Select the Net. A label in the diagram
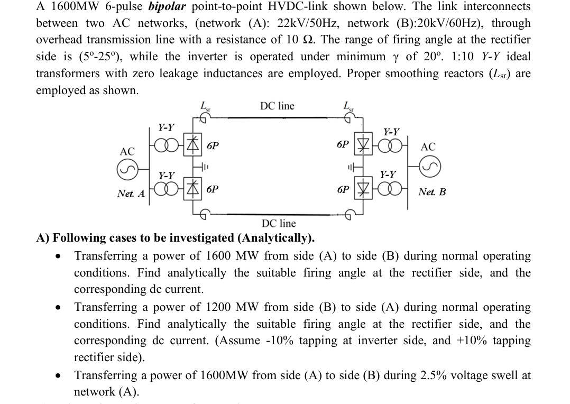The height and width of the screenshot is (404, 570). click(131, 194)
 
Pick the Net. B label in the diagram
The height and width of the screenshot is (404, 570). click(431, 191)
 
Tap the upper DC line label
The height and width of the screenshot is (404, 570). click(277, 106)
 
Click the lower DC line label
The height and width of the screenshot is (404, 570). click(279, 224)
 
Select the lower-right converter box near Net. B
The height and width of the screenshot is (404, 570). click(363, 189)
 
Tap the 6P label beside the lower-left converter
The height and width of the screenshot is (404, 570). click(213, 189)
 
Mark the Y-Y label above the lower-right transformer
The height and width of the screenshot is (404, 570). click(388, 174)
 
